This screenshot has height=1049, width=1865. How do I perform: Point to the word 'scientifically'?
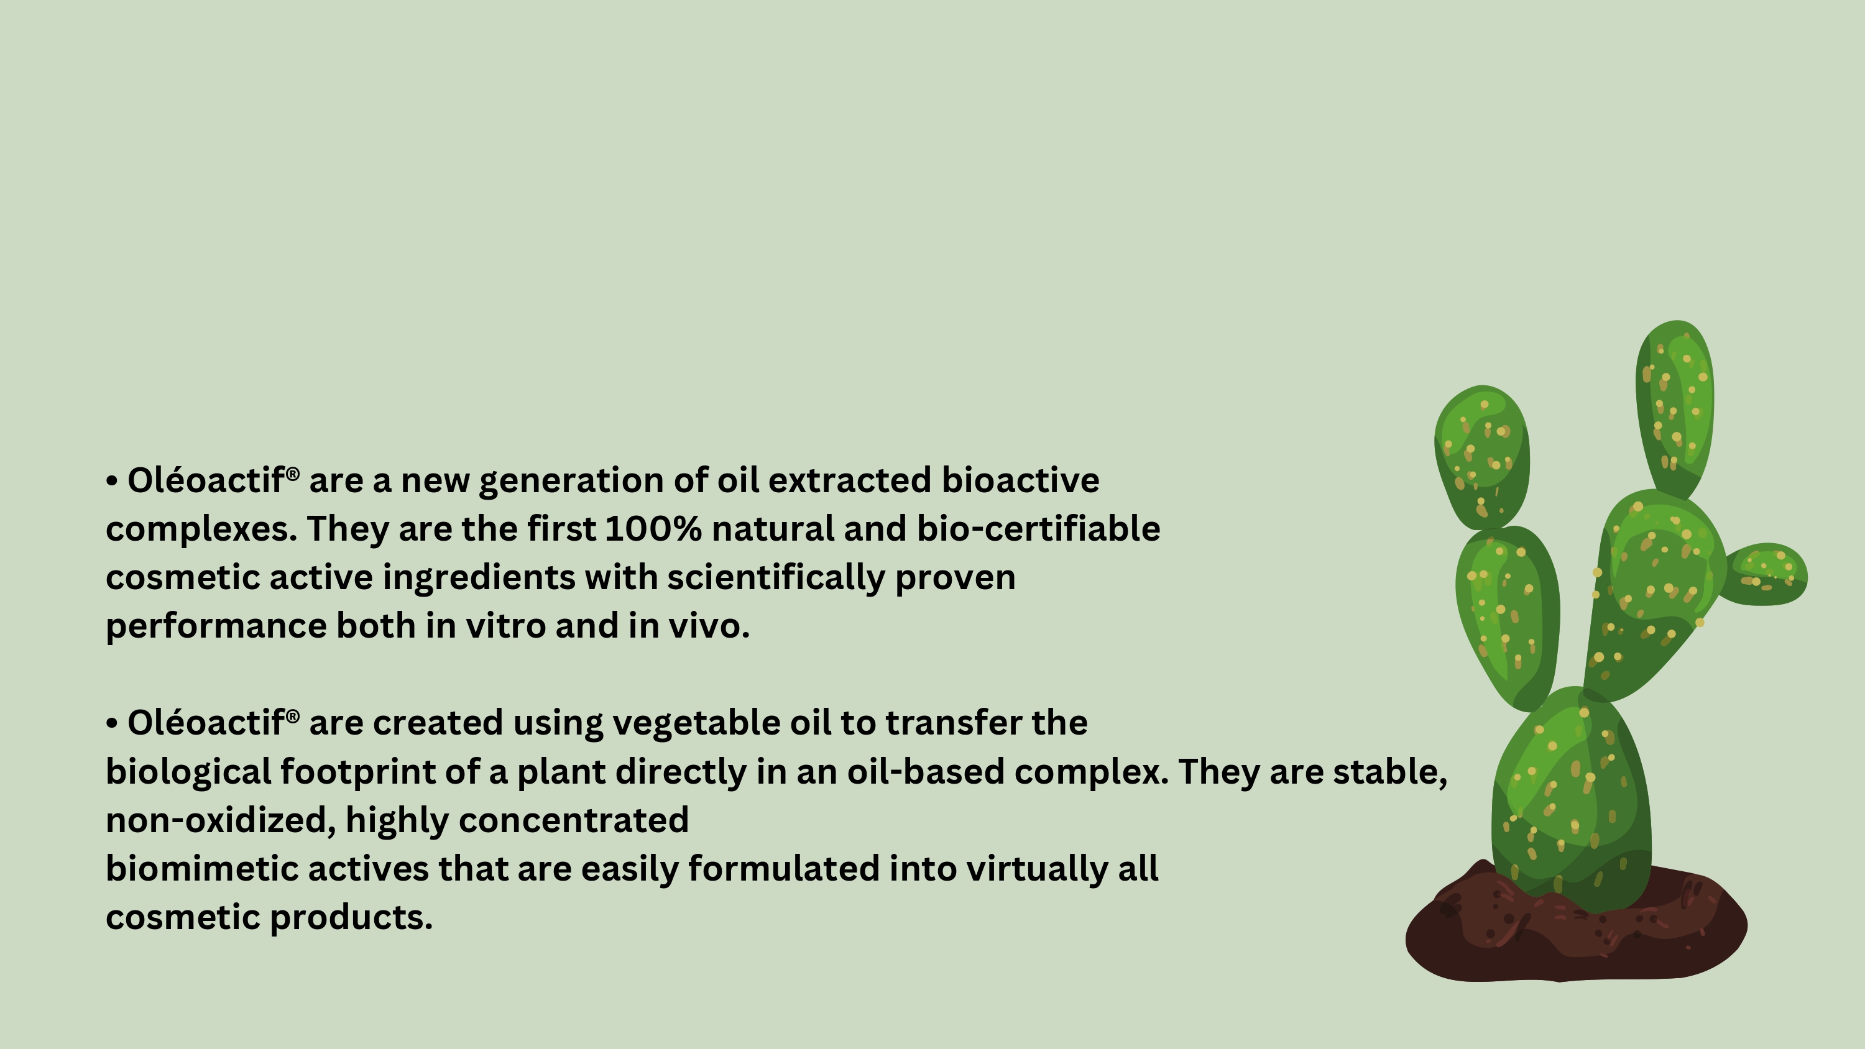click(x=775, y=579)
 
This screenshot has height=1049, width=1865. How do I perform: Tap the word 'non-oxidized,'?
click(x=221, y=821)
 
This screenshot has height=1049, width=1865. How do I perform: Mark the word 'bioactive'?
click(x=1020, y=481)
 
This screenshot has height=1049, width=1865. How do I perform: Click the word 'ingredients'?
click(x=478, y=579)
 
